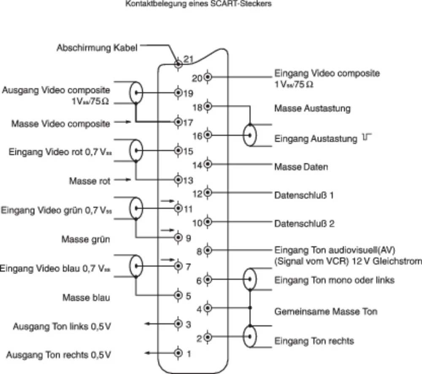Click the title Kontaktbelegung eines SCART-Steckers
(198, 5)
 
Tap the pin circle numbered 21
(179, 64)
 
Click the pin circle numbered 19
(179, 93)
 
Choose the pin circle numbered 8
(208, 250)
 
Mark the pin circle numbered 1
(179, 352)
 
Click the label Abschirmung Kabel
(97, 48)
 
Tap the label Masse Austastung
(312, 108)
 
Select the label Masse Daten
(301, 167)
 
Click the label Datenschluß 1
(304, 196)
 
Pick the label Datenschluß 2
(304, 223)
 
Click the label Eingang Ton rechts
(314, 341)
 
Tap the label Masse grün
(86, 239)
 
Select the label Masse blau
(87, 298)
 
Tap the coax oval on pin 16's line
(251, 135)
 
